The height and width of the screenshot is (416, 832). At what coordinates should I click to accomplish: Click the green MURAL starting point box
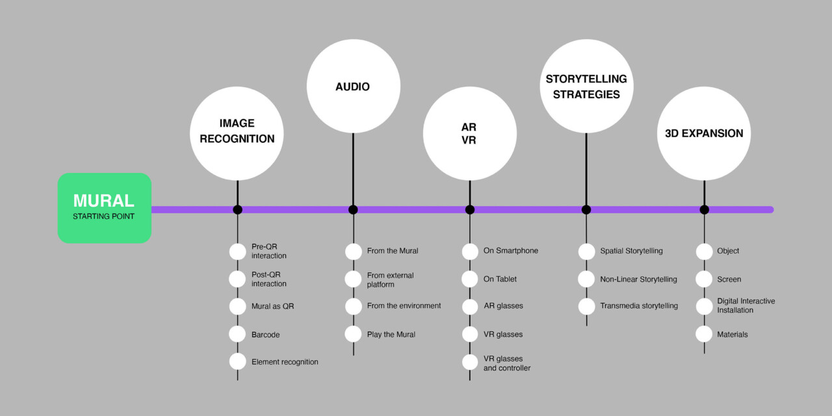point(105,208)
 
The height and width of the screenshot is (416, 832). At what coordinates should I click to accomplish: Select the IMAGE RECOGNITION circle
point(237,133)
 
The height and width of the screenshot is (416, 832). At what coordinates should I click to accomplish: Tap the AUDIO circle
point(353,86)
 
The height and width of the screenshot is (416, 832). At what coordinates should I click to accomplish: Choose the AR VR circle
point(469,133)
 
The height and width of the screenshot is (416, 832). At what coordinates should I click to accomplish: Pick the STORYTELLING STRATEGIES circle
point(586,86)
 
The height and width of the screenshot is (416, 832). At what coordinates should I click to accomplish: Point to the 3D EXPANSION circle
point(704,133)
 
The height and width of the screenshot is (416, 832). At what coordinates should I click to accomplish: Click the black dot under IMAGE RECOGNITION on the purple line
point(237,209)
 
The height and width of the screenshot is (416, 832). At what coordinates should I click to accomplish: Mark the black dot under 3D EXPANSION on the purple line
point(704,209)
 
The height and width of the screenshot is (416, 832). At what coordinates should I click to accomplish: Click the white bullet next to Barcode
point(237,334)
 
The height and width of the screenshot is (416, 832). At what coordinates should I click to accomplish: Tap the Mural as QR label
point(272,306)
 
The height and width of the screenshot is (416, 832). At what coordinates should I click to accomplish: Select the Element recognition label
point(285,362)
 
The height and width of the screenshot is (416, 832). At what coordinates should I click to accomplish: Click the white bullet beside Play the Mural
point(353,334)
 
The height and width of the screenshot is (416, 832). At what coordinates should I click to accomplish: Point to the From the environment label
point(404,306)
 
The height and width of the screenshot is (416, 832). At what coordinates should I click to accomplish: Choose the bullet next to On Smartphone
point(470,251)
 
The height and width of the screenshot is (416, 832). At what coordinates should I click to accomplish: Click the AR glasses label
point(503,306)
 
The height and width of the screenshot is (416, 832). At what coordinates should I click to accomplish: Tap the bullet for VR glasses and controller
point(470,363)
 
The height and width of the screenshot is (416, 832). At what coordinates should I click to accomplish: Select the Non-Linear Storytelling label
point(638,279)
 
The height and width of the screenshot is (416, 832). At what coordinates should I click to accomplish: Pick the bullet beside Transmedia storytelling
point(586,306)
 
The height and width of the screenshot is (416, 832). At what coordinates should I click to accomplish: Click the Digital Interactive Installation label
point(746,306)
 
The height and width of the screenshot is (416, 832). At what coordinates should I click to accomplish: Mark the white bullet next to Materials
point(704,334)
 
